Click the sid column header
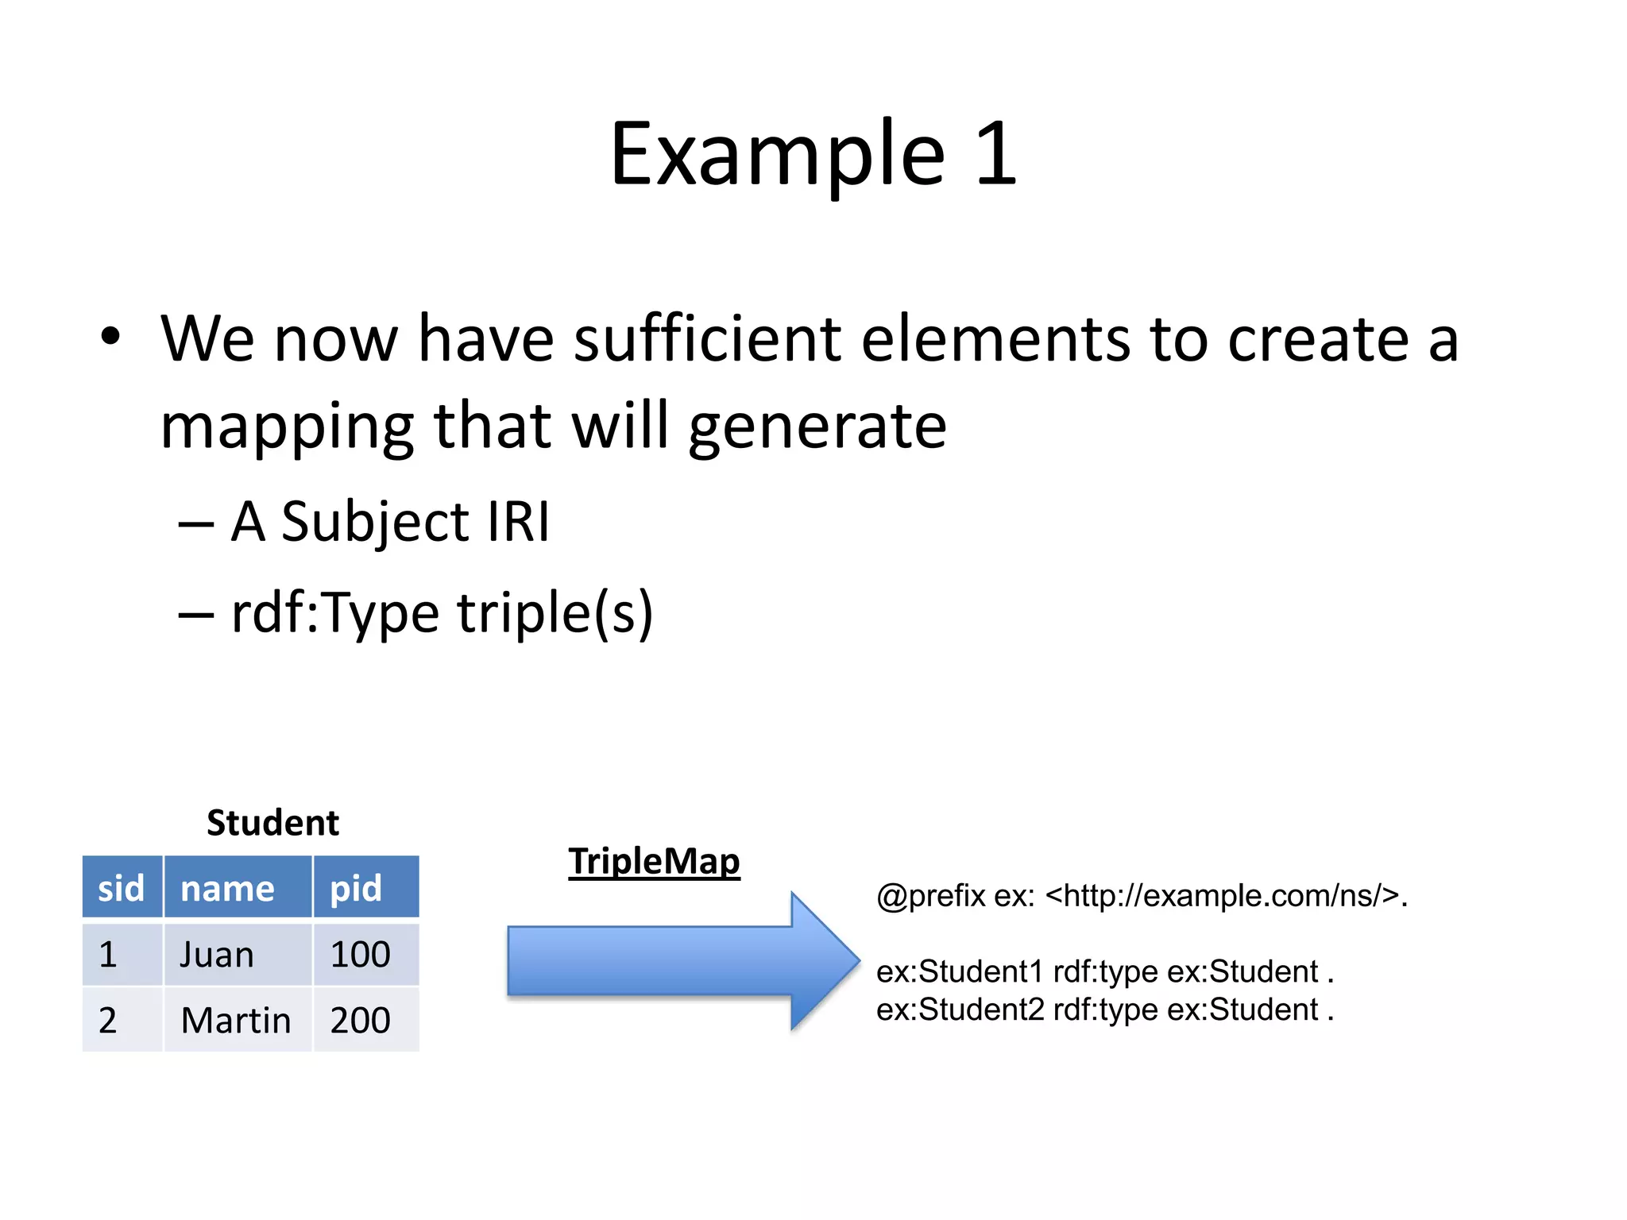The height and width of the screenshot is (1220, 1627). (122, 887)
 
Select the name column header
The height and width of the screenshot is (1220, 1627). (228, 887)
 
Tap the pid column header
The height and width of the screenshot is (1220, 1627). (357, 887)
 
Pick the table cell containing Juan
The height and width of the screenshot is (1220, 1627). (217, 954)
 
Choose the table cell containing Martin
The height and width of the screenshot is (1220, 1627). (236, 1020)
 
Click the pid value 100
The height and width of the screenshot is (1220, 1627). (361, 954)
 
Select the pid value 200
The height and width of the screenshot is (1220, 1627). (361, 1020)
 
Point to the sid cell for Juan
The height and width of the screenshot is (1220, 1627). (109, 954)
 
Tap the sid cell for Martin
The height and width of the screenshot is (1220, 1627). (109, 1020)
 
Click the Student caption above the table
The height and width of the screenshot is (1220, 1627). (272, 823)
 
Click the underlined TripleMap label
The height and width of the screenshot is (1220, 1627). (654, 862)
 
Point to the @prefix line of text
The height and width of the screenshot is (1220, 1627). (1142, 896)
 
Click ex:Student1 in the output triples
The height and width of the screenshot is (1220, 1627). (960, 971)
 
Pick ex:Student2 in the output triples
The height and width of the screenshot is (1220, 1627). (960, 1010)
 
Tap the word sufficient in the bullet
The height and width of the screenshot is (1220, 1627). (707, 339)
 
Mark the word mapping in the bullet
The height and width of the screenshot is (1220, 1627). (287, 427)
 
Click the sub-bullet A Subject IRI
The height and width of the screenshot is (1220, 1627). (389, 522)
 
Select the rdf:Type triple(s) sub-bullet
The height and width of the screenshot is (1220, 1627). (441, 613)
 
